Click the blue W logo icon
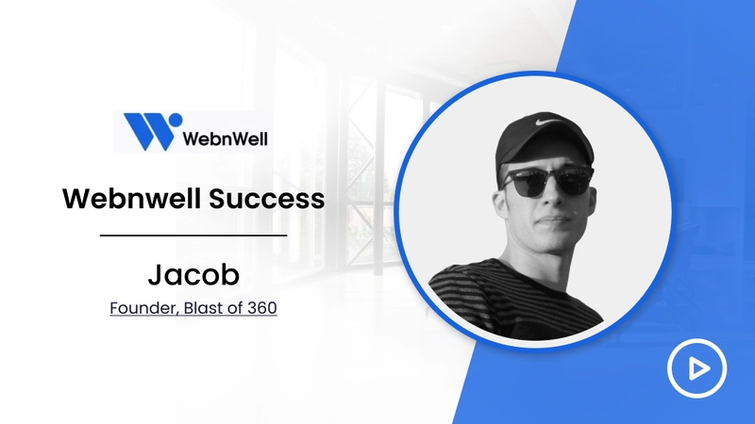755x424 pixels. pyautogui.click(x=149, y=131)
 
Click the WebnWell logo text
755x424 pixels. pyautogui.click(x=225, y=139)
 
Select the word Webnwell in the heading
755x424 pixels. pyautogui.click(x=132, y=198)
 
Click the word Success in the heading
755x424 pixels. pyautogui.click(x=267, y=199)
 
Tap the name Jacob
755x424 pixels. pyautogui.click(x=193, y=274)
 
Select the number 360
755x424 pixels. pyautogui.click(x=262, y=308)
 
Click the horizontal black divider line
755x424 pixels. pyautogui.click(x=193, y=236)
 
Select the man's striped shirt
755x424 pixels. pyautogui.click(x=515, y=299)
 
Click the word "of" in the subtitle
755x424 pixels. pyautogui.click(x=235, y=308)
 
